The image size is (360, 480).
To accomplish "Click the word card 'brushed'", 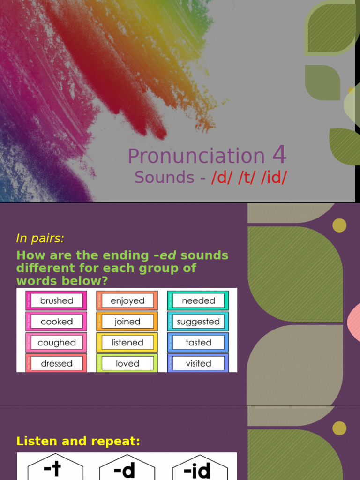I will tap(56, 300).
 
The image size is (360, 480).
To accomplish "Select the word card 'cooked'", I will tap(56, 322).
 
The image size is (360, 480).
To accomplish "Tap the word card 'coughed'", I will tap(56, 343).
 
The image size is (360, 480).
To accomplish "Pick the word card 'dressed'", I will tap(56, 363).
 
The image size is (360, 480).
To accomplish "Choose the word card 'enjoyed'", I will tap(127, 300).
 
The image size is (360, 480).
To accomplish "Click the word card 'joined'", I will tap(127, 322).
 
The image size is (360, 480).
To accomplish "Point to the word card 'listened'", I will tap(127, 343).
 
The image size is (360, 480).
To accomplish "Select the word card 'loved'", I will tap(127, 363).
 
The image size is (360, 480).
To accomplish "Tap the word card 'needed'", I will tap(198, 300).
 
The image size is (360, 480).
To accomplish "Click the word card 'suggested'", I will tap(198, 322).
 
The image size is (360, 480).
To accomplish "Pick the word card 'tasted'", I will tap(198, 343).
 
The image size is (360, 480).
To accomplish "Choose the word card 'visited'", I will tap(198, 363).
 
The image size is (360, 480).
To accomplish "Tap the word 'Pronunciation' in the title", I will tap(196, 156).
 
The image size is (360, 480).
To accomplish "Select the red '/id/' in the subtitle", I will tap(274, 178).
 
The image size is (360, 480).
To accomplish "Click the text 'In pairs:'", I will tap(40, 238).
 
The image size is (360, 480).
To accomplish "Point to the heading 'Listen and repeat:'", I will tap(78, 441).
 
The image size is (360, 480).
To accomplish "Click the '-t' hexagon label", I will tap(55, 469).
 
